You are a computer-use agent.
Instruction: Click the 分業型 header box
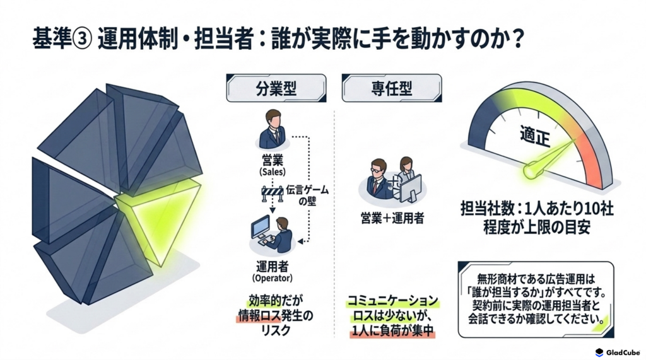(x=276, y=88)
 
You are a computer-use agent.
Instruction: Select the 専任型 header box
(x=391, y=88)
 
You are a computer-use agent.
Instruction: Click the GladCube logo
(x=618, y=352)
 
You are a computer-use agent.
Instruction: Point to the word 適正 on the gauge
(x=535, y=136)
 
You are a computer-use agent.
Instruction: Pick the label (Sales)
(x=273, y=171)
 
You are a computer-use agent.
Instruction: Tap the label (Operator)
(x=273, y=278)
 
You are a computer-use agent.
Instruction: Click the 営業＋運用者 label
(x=392, y=218)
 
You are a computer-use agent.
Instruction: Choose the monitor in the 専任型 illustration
(x=410, y=188)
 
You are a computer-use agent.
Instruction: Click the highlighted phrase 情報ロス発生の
(x=275, y=316)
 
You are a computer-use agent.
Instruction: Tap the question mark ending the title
(x=519, y=40)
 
